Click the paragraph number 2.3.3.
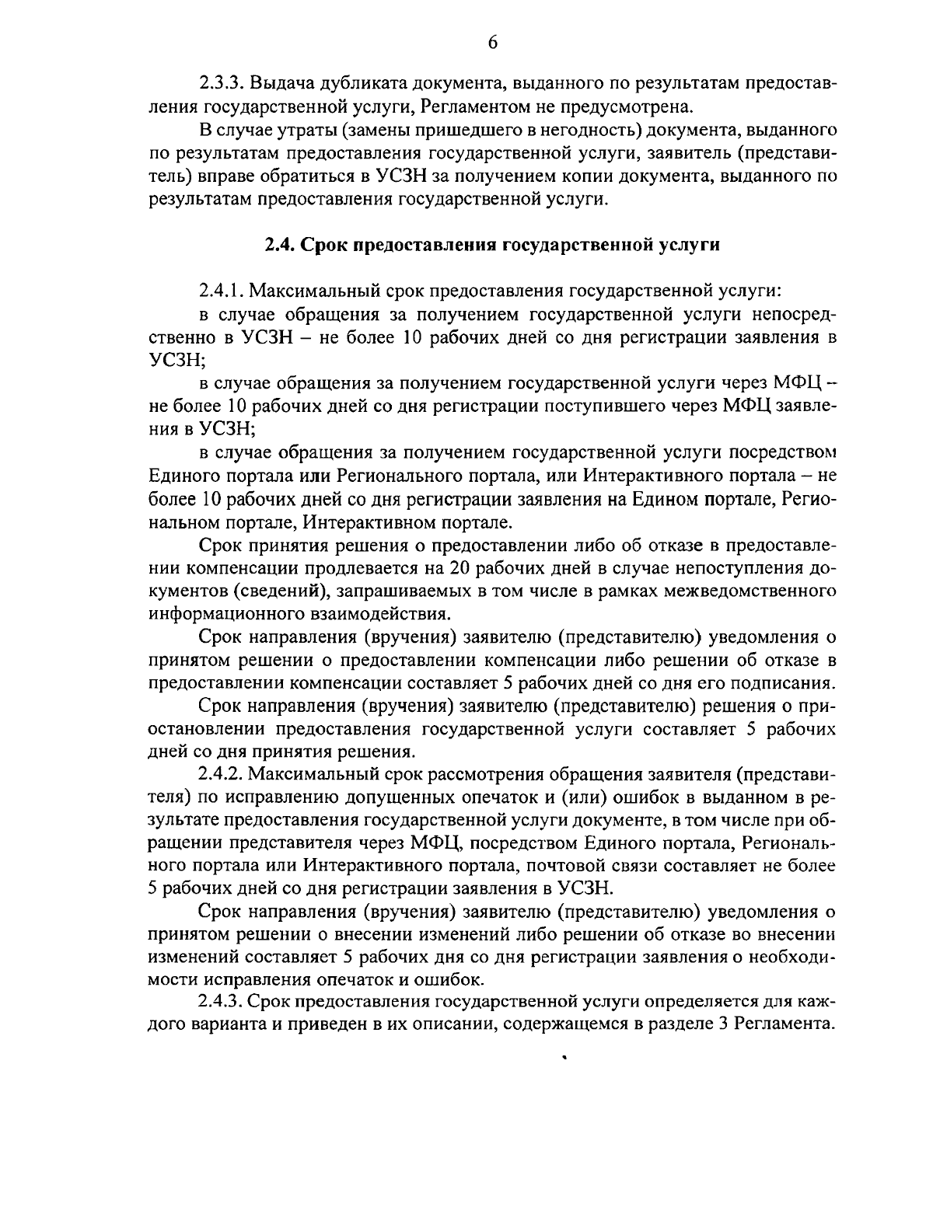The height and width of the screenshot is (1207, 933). (222, 83)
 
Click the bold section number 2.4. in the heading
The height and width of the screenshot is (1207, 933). (279, 246)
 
